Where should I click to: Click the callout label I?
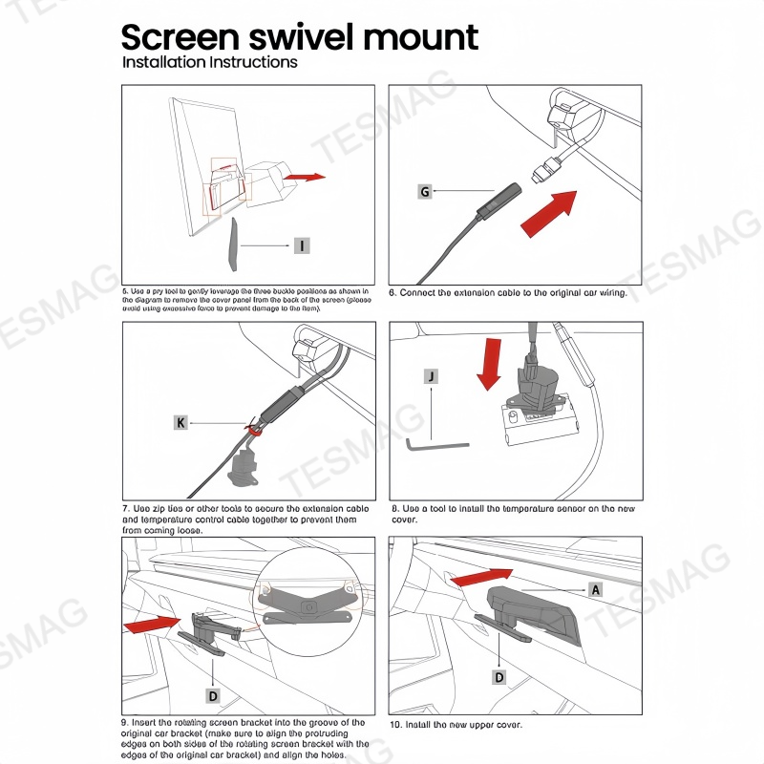301,246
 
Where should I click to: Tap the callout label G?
425,192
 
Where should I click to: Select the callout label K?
180,421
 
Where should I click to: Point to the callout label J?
433,376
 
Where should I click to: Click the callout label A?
596,590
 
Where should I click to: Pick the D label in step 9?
213,695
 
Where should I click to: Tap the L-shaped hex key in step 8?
435,443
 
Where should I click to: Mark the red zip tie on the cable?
255,431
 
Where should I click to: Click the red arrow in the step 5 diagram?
305,177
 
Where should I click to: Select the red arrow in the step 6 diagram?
550,213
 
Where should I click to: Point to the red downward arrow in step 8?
489,362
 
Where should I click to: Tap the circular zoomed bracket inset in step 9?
307,601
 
